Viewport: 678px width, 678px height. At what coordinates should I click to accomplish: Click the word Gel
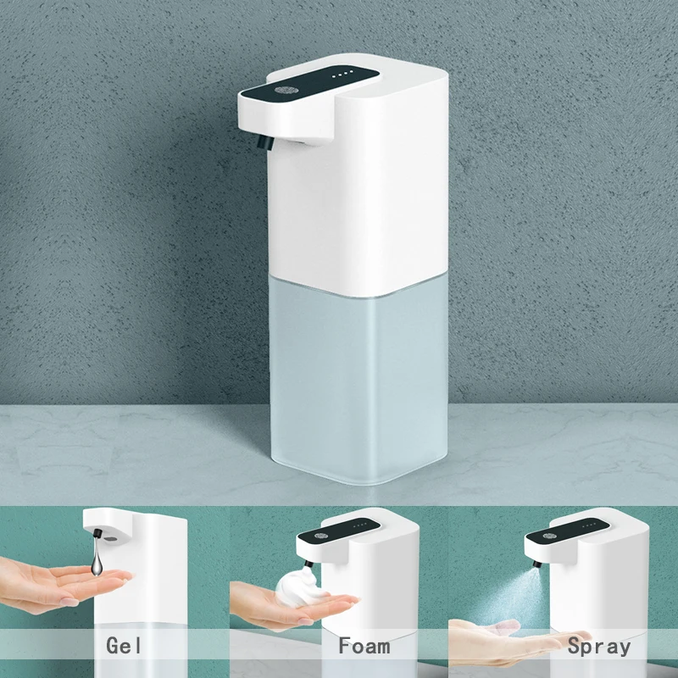[125, 646]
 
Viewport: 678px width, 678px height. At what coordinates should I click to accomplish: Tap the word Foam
[364, 646]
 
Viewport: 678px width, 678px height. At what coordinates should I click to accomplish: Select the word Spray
[599, 646]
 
